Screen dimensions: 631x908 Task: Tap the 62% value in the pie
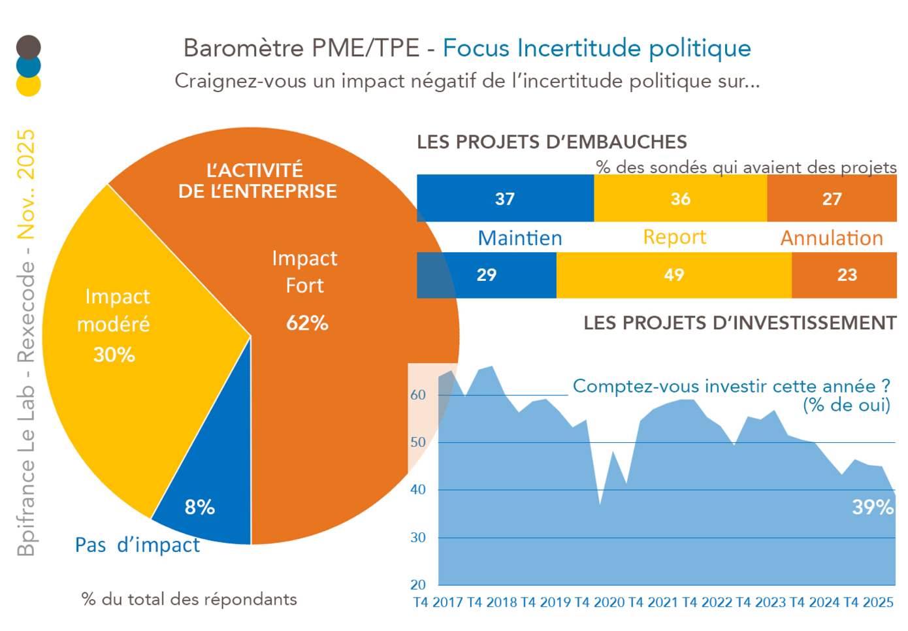(x=307, y=323)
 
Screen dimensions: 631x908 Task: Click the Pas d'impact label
(x=137, y=545)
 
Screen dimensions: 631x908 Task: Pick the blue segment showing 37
(x=505, y=199)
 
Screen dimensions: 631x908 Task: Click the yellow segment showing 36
(x=680, y=199)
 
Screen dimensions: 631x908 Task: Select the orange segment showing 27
(x=832, y=199)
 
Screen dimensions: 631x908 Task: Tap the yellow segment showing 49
(x=673, y=275)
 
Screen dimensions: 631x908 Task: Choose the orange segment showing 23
(x=847, y=275)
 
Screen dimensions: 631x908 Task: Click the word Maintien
(x=519, y=238)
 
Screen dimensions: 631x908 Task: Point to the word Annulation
(x=832, y=238)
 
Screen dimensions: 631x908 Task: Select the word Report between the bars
(x=675, y=236)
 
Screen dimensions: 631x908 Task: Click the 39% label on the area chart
(x=872, y=507)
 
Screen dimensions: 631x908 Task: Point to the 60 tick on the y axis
(x=418, y=395)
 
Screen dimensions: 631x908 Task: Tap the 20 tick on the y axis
(x=418, y=585)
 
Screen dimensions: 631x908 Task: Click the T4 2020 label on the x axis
(x=600, y=602)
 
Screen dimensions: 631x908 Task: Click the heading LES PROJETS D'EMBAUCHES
(x=552, y=142)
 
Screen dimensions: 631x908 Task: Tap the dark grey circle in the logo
(x=28, y=47)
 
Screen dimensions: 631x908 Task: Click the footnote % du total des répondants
(x=189, y=599)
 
